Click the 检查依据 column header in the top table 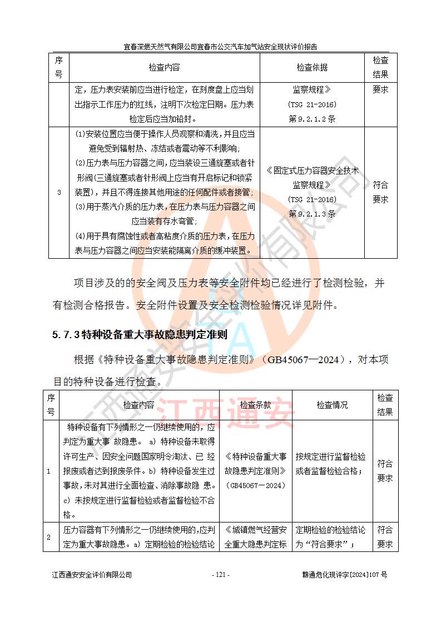pyautogui.click(x=312, y=68)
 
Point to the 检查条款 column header pyautogui.click(x=255, y=405)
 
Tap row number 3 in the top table pyautogui.click(x=59, y=192)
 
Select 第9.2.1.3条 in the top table pyautogui.click(x=312, y=213)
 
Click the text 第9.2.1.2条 pyautogui.click(x=312, y=118)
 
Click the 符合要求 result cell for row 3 pyautogui.click(x=380, y=192)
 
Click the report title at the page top pyautogui.click(x=220, y=47)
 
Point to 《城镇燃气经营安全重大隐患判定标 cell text pyautogui.click(x=255, y=537)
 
